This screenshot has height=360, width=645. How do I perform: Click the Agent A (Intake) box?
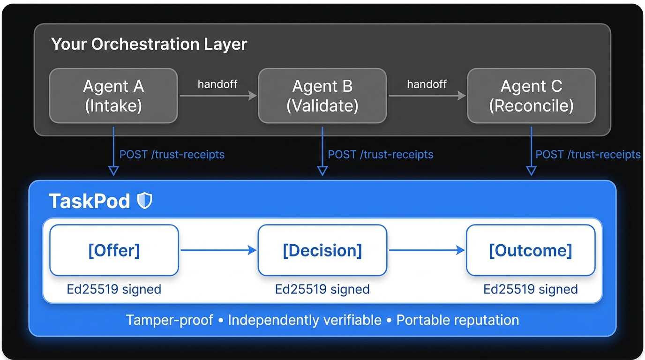(113, 96)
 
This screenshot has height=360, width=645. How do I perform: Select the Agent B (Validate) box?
(322, 96)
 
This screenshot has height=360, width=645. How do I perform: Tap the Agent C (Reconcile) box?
(531, 96)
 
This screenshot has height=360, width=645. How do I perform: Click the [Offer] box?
(114, 250)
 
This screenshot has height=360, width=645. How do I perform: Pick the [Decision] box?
(322, 250)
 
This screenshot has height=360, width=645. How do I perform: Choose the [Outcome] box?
(531, 250)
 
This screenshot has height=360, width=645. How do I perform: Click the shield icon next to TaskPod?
(144, 201)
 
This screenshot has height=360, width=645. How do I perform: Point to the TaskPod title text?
(90, 201)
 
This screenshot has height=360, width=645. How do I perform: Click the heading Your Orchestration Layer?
(149, 44)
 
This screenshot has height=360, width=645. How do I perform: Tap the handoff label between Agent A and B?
(217, 84)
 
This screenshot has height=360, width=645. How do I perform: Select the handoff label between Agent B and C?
(427, 84)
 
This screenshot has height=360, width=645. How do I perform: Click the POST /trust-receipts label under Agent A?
(172, 154)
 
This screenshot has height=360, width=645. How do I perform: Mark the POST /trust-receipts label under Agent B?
(381, 154)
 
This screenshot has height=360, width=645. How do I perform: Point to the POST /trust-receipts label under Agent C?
(588, 154)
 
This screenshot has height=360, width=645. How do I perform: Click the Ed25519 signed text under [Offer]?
(114, 289)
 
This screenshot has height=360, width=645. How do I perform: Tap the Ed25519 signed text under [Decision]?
(322, 289)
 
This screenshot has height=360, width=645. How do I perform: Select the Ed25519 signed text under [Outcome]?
(531, 289)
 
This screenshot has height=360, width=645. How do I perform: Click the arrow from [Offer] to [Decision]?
(218, 250)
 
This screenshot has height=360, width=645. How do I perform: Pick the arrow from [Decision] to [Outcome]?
(427, 250)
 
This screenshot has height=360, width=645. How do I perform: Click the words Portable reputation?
(457, 320)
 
